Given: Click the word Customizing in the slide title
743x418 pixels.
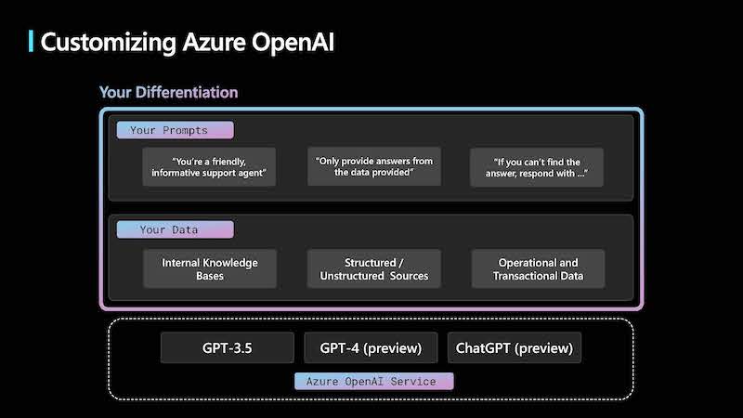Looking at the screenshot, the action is (x=108, y=43).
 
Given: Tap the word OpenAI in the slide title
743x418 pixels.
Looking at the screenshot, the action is (x=293, y=42).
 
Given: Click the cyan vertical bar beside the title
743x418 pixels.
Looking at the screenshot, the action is (x=31, y=41).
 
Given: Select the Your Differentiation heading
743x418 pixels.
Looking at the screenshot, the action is (x=168, y=92).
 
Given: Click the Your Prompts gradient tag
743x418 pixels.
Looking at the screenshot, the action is (x=175, y=130).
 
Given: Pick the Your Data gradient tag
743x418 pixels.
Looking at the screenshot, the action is (x=175, y=229).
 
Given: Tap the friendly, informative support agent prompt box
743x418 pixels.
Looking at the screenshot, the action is (x=209, y=167).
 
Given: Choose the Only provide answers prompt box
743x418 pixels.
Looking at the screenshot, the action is (x=374, y=166).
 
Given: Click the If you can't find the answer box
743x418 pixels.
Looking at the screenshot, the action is (x=537, y=167).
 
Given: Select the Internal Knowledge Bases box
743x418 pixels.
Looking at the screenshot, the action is (x=210, y=268).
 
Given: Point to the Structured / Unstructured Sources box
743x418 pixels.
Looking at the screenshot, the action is (x=374, y=268).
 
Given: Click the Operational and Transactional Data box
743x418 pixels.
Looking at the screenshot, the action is (x=538, y=268).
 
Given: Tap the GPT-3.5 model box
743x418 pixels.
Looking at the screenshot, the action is (x=227, y=347).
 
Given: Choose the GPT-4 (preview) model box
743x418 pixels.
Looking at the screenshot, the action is (x=371, y=347).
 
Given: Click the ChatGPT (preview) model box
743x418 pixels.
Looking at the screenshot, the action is (x=515, y=347).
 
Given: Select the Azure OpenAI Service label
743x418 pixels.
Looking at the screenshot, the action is (x=374, y=382).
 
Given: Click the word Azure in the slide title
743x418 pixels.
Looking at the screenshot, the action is (x=214, y=42).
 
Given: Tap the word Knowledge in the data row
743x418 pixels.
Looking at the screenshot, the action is (x=229, y=263).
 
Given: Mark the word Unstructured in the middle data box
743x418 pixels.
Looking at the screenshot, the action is (x=352, y=276).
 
